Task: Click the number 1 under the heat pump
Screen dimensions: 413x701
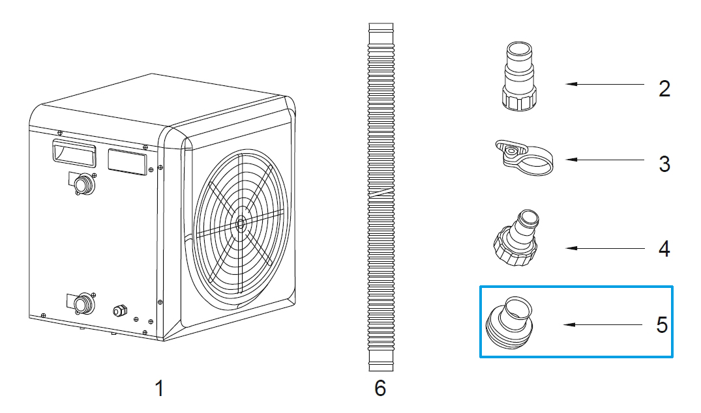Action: [158, 389]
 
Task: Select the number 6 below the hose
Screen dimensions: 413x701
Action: [380, 389]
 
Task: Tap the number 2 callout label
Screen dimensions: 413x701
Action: [664, 89]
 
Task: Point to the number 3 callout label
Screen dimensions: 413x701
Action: [664, 164]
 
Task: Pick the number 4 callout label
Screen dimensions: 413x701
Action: [664, 249]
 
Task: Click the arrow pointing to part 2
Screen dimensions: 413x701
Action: [603, 85]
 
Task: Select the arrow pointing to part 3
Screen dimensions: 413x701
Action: [603, 159]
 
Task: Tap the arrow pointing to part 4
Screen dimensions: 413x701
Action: [603, 248]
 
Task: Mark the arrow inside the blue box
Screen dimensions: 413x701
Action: [603, 324]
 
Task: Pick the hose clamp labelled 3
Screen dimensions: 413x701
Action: [523, 157]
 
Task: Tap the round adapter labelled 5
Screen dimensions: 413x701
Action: [509, 320]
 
